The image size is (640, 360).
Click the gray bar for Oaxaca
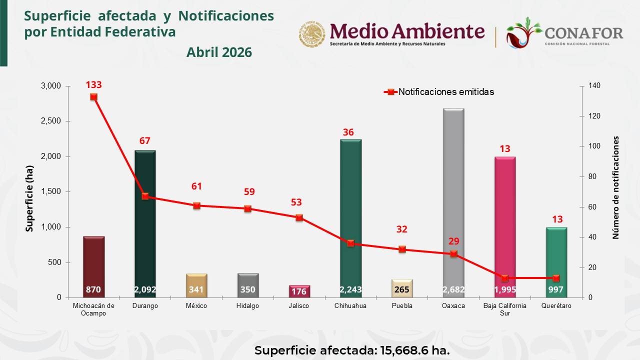pos(453,200)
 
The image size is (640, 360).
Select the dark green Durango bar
pos(145,220)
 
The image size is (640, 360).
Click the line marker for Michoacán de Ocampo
pos(93,97)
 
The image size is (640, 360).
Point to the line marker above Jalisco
pos(299,217)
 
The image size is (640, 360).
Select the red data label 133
pos(93,85)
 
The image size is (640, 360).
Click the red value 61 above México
pos(196,186)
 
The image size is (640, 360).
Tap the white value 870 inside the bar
pos(93,289)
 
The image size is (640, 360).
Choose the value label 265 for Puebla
pos(401,289)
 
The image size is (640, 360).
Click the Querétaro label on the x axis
pos(556,306)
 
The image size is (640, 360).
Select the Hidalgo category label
pos(247,306)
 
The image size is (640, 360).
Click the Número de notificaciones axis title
pos(616,187)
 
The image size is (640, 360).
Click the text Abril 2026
pos(219,52)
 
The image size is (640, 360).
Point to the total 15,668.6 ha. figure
pos(413,350)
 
